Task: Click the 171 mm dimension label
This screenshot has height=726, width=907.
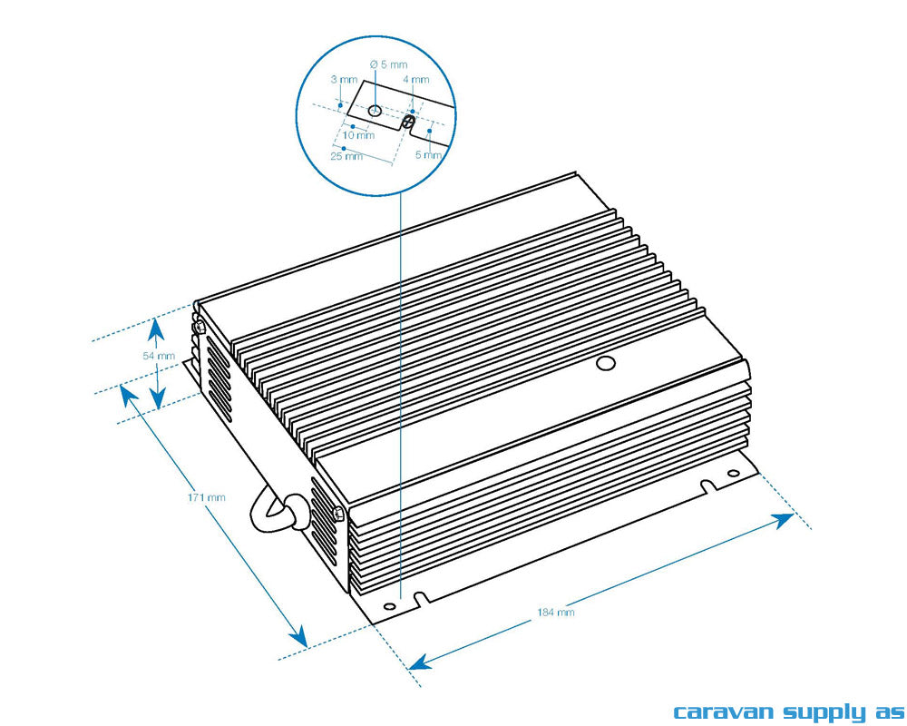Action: point(207,496)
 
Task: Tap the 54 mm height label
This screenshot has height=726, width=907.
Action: point(159,356)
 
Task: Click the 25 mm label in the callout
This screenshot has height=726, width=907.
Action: point(347,156)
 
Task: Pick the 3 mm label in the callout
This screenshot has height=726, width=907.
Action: point(344,80)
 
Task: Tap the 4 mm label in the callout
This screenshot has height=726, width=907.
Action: point(416,80)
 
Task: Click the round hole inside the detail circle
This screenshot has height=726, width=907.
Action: point(375,110)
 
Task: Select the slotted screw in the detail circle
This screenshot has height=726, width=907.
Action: point(409,122)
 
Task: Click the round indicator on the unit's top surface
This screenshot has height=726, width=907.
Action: point(605,364)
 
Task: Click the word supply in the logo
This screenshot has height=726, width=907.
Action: point(822,712)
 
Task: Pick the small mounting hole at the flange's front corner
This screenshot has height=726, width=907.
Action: point(389,606)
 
